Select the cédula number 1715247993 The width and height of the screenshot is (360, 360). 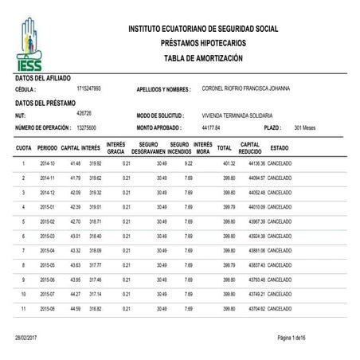coord(88,88)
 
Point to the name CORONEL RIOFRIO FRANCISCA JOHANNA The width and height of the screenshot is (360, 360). coord(245,88)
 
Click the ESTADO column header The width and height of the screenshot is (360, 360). coord(280,148)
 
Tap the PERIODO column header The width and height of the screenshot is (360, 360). coord(46,148)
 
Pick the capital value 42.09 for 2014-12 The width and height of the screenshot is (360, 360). coord(70,192)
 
